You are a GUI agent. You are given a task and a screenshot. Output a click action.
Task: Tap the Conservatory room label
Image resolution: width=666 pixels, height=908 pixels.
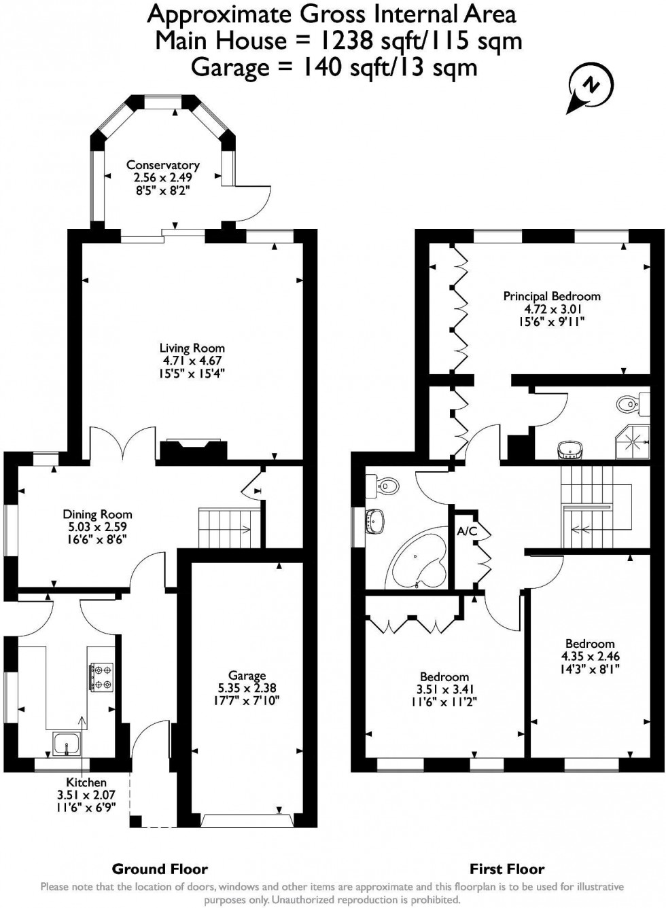[162, 165]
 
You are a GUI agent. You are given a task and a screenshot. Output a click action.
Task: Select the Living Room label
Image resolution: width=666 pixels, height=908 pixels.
[192, 348]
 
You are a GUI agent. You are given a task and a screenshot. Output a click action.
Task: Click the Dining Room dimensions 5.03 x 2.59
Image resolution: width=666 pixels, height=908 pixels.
[97, 527]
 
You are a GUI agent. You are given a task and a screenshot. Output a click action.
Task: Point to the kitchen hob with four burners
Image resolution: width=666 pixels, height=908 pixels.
[101, 676]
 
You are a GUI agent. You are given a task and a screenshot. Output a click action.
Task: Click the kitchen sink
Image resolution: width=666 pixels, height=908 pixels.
[67, 744]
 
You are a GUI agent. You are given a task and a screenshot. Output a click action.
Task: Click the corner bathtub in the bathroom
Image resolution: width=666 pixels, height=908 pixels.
[419, 558]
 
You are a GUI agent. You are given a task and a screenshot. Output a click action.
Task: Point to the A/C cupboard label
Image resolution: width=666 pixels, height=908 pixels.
[468, 532]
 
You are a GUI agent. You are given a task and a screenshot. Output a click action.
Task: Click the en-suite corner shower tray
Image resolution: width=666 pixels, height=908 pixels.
[633, 442]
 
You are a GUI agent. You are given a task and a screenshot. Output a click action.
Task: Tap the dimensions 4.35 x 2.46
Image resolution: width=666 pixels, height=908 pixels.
[591, 656]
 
